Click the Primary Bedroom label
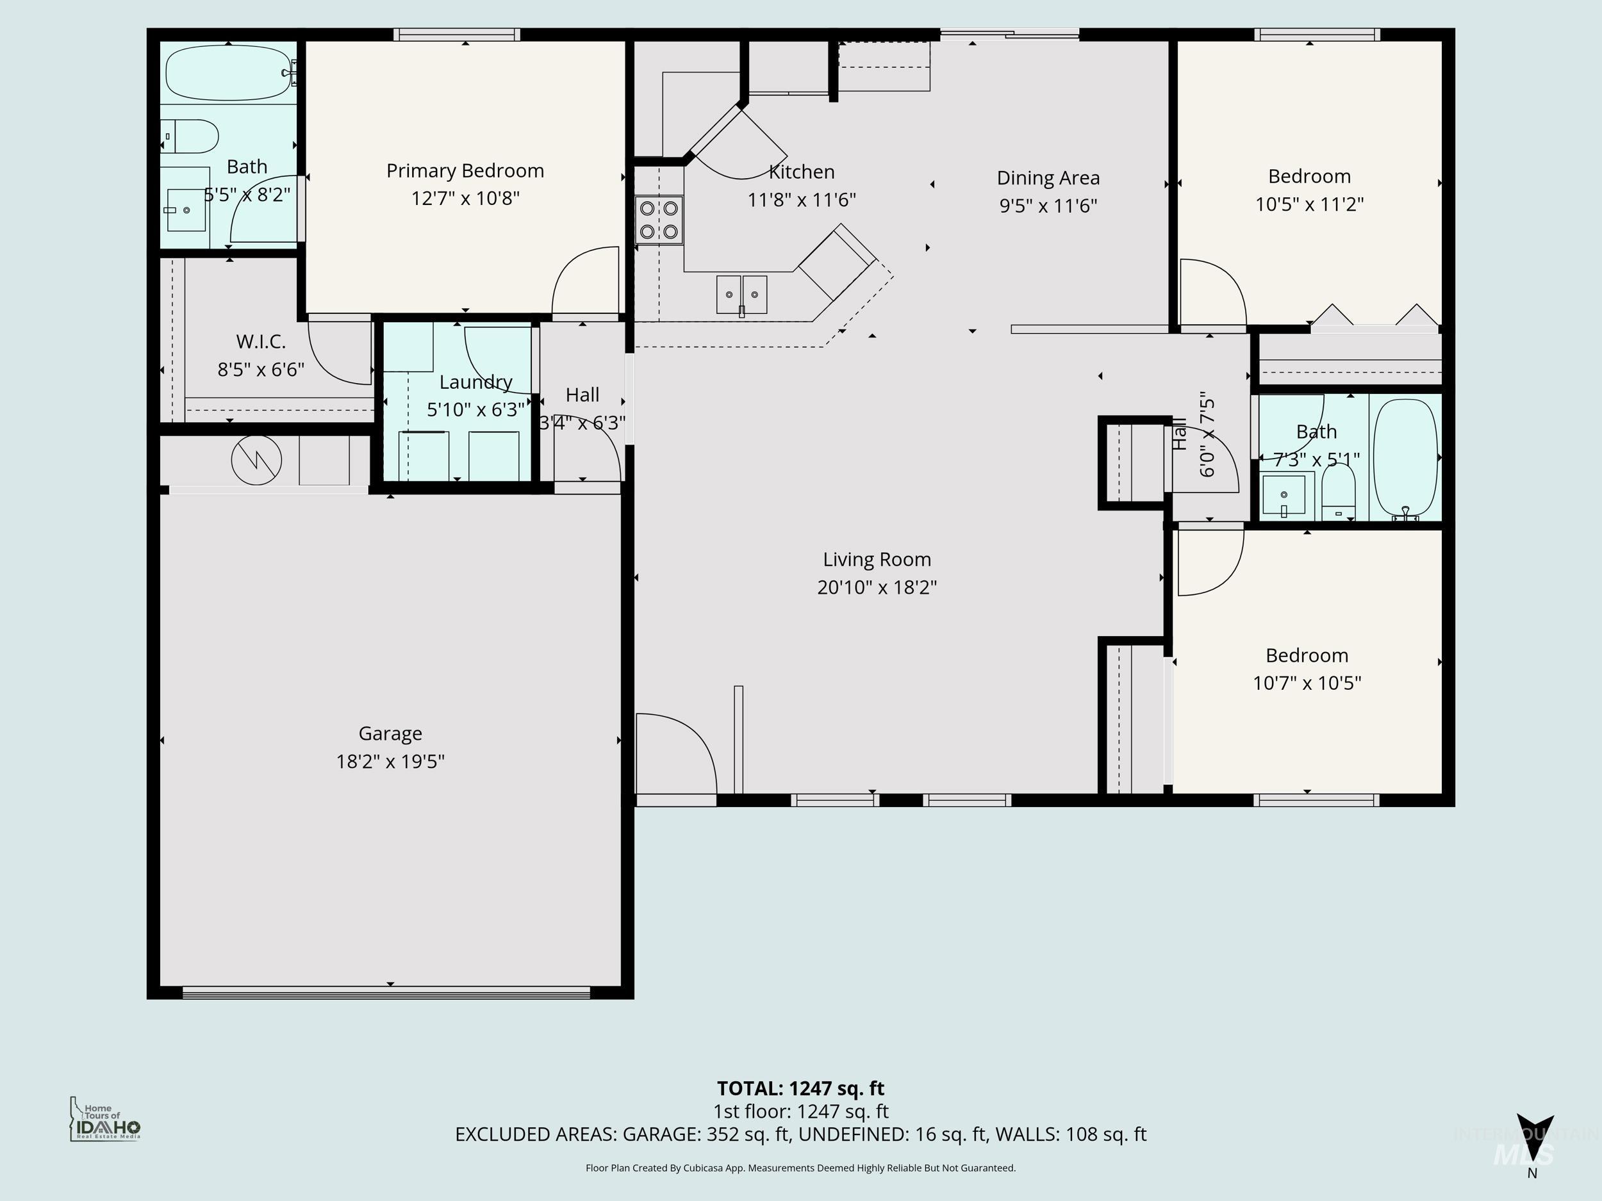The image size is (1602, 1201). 465,171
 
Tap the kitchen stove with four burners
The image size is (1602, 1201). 659,220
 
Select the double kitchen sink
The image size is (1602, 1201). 741,295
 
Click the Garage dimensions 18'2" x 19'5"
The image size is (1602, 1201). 390,762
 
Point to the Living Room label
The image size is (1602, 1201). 877,560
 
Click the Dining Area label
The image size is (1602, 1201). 1048,178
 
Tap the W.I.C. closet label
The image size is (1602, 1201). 261,341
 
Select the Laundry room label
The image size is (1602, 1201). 476,382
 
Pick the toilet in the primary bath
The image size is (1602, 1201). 192,136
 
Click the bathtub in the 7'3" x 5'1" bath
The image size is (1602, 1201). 1405,457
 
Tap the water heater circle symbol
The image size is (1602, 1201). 256,461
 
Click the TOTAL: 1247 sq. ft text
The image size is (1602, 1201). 800,1089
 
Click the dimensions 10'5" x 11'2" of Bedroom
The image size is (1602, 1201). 1309,205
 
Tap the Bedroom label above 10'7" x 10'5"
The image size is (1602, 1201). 1307,656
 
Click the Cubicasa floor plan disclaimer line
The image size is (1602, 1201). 800,1168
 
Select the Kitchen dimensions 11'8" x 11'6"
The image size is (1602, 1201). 801,200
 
